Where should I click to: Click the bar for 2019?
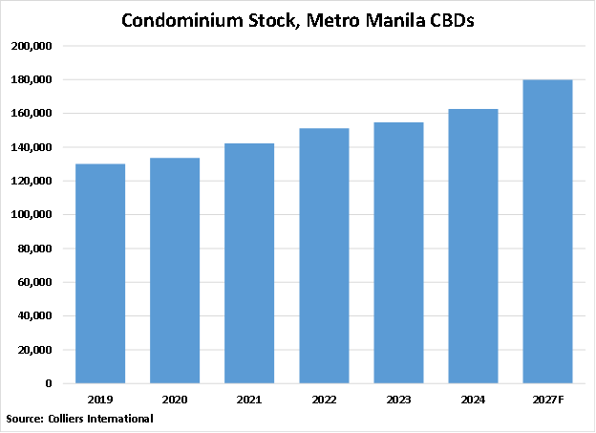pos(100,273)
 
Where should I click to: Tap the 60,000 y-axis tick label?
pos(37,283)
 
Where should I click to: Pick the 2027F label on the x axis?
pos(547,399)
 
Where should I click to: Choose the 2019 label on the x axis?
pos(100,399)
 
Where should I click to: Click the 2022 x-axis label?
pos(324,399)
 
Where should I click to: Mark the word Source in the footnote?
pos(24,419)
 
